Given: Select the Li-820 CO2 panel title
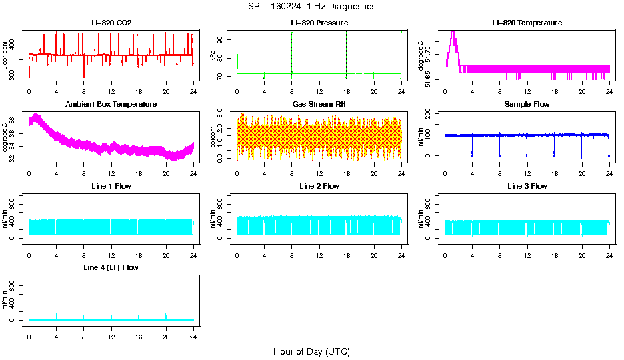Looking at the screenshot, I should point(111,23).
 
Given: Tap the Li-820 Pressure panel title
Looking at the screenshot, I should point(319,23).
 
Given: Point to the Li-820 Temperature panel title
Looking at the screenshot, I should point(527,23).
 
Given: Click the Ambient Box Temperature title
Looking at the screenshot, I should point(111,105).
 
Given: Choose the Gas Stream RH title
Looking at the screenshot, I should point(319,105).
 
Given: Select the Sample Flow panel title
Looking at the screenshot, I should point(527,105).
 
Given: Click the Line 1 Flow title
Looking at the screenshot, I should point(111,186).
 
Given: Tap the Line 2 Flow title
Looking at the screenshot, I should point(319,186).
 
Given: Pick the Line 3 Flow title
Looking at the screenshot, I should point(527,186).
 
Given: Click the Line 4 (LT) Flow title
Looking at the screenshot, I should point(111,267).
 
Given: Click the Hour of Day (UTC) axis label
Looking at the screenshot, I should point(311,351).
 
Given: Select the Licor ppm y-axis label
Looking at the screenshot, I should point(5,55).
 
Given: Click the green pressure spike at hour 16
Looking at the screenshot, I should point(347,53).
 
